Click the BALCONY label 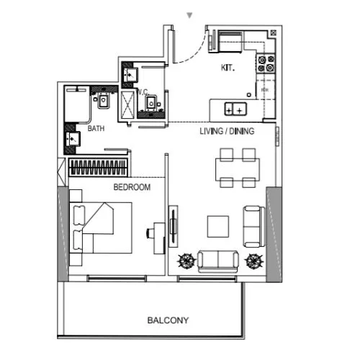click(168, 320)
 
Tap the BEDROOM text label click(132, 187)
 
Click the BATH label click(96, 129)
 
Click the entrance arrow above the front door click(189, 14)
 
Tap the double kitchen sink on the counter click(235, 109)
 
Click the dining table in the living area click(237, 168)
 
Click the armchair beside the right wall click(252, 226)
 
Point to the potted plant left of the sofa click(186, 260)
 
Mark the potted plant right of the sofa click(253, 260)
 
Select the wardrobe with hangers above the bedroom click(99, 168)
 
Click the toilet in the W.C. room click(150, 104)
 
